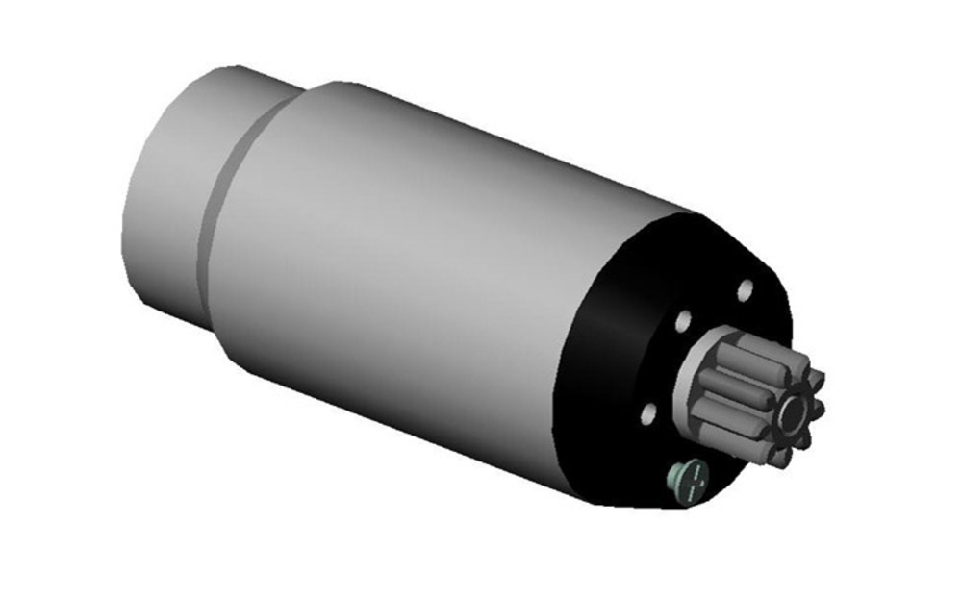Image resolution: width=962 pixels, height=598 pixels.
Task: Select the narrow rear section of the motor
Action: (x=173, y=192)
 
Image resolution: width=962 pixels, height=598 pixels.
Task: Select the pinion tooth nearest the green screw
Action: (x=751, y=446)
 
